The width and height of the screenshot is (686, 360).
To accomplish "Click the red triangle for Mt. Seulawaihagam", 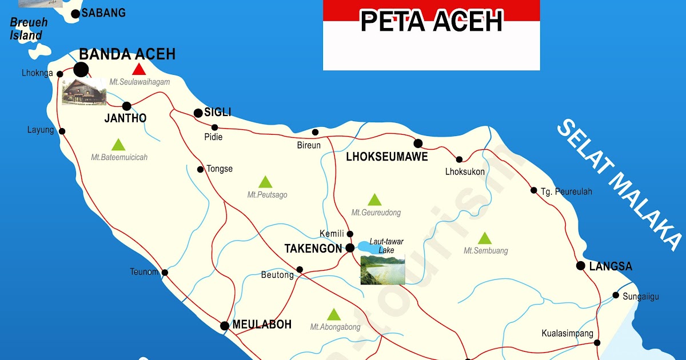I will pyautogui.click(x=138, y=70).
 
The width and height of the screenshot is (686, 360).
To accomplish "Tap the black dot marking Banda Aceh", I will pyautogui.click(x=81, y=70).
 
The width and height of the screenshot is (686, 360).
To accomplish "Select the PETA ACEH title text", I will pyautogui.click(x=431, y=22).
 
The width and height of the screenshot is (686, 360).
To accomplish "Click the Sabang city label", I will pyautogui.click(x=103, y=13).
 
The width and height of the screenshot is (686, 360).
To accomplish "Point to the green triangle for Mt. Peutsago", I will pyautogui.click(x=265, y=182).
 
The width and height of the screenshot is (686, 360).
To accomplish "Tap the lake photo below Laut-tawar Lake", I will pyautogui.click(x=382, y=269).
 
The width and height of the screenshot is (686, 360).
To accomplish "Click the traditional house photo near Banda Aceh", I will pyautogui.click(x=84, y=91).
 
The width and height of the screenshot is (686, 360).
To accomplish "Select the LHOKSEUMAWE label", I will pyautogui.click(x=386, y=157).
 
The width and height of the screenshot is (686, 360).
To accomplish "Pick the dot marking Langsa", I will pyautogui.click(x=581, y=266).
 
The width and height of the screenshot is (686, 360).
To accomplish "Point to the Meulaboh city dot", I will pyautogui.click(x=225, y=326).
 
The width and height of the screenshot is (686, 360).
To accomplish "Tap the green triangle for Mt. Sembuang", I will pyautogui.click(x=485, y=238).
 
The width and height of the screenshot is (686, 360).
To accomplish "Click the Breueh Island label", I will pyautogui.click(x=28, y=29).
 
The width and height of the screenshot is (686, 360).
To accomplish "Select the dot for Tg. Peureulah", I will pyautogui.click(x=534, y=190).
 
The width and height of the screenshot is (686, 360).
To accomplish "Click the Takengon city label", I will pyautogui.click(x=313, y=249).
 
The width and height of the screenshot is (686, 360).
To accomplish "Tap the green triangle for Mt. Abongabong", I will pyautogui.click(x=334, y=314).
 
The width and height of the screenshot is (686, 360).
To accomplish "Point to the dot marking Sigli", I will pyautogui.click(x=198, y=113).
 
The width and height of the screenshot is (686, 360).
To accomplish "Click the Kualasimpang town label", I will pyautogui.click(x=567, y=333).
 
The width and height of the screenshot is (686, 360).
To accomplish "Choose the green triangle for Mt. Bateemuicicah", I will pyautogui.click(x=118, y=145).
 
